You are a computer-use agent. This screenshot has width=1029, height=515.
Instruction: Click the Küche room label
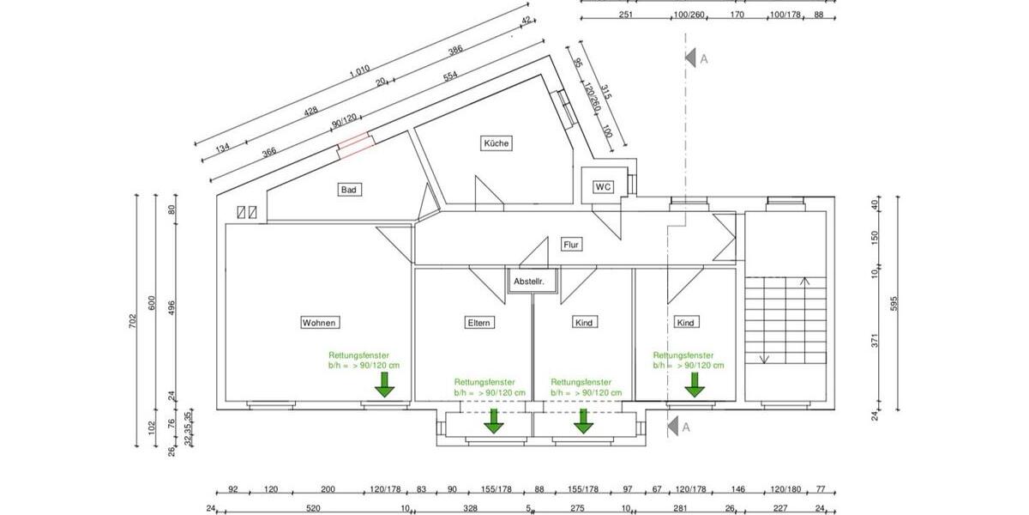pos(497,144)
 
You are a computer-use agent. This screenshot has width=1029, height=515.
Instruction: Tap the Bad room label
pos(349,190)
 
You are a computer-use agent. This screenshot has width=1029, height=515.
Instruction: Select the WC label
pos(604,186)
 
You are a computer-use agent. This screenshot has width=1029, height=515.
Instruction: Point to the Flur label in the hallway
pos(572,245)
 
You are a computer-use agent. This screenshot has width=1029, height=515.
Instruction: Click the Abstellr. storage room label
pos(531,282)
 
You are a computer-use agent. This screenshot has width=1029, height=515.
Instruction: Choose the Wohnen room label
pos(320,323)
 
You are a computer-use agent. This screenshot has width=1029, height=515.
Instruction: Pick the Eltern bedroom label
pos(478,323)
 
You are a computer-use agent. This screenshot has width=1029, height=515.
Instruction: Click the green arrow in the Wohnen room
pos(384,385)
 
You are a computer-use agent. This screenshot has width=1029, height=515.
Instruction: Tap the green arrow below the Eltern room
pos(494,421)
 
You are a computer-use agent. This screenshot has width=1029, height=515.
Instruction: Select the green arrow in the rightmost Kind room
pos(695,385)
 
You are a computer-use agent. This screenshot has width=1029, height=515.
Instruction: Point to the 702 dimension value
pos(133,321)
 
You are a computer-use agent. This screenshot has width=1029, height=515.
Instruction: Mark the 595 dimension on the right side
pos(894,303)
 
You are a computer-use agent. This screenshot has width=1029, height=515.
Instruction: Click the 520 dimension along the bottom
pos(314,508)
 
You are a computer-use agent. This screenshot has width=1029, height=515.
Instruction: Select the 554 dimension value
pos(450,76)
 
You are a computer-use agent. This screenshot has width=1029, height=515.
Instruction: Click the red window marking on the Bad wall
pos(355,145)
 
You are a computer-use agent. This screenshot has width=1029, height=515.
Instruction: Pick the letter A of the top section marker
pos(703,58)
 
